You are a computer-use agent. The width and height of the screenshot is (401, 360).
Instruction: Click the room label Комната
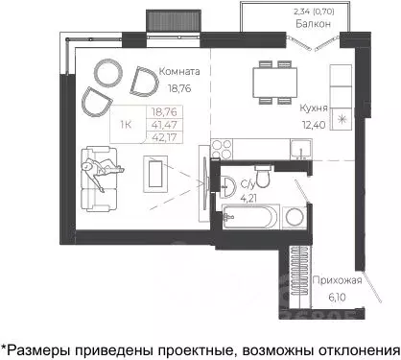click(x=180, y=71)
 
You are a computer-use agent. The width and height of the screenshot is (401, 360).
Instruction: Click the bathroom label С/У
click(x=247, y=185)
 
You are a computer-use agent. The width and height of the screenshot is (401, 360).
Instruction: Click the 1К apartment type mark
click(x=127, y=124)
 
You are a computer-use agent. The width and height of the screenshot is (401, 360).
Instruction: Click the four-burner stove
click(x=223, y=149)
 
